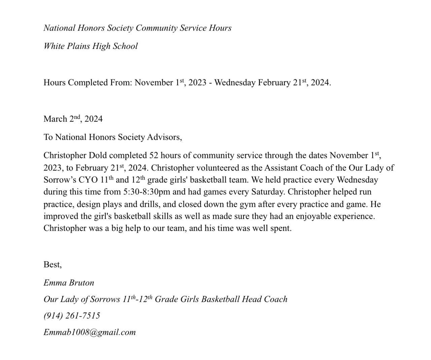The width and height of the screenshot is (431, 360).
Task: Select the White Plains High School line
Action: pyautogui.click(x=91, y=46)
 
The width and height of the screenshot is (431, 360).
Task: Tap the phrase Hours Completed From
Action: pyautogui.click(x=88, y=83)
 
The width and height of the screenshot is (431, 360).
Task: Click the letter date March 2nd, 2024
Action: pyautogui.click(x=73, y=119)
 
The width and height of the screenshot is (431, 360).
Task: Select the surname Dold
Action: pyautogui.click(x=98, y=156)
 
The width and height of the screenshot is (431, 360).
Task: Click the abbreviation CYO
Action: pyautogui.click(x=88, y=180)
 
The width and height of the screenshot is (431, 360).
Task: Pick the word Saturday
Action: pyautogui.click(x=268, y=192)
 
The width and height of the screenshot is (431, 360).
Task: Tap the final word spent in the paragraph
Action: pyautogui.click(x=281, y=228)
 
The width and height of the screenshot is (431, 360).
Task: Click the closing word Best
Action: pyautogui.click(x=53, y=265)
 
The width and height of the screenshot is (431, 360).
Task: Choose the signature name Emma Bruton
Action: pyautogui.click(x=69, y=283)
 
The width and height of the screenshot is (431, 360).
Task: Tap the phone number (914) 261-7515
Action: pyautogui.click(x=72, y=316)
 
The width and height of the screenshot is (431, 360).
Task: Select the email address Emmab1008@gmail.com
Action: pyautogui.click(x=90, y=332)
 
